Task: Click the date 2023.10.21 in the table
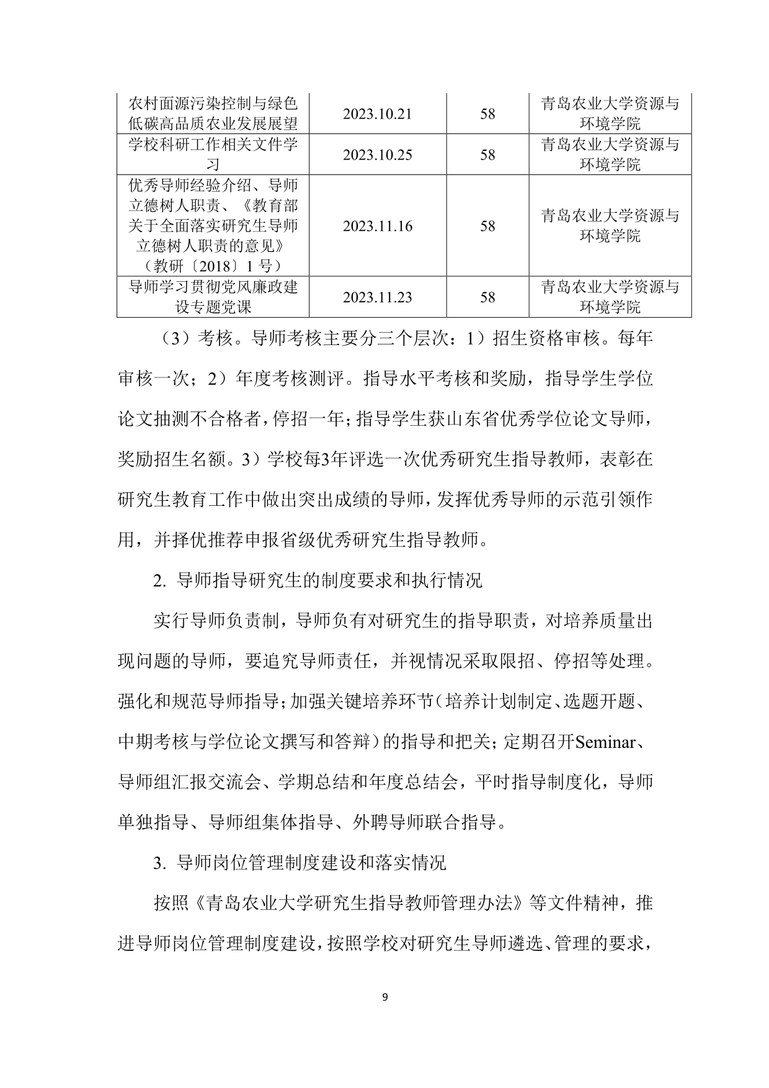tap(377, 114)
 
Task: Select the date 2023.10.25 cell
tap(377, 155)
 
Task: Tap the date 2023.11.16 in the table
tap(377, 226)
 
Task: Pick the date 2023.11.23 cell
tap(377, 297)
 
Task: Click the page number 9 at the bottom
tap(384, 997)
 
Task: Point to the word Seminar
tap(605, 742)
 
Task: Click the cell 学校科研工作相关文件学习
tap(213, 155)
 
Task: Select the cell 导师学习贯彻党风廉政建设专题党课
tap(213, 297)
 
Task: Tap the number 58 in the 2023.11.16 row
tap(487, 226)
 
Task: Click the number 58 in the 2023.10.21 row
tap(487, 114)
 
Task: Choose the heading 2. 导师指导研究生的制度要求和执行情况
tap(318, 580)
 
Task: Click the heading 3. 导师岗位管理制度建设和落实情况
tap(300, 863)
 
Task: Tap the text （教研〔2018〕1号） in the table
tap(213, 266)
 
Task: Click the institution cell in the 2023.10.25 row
tap(610, 155)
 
